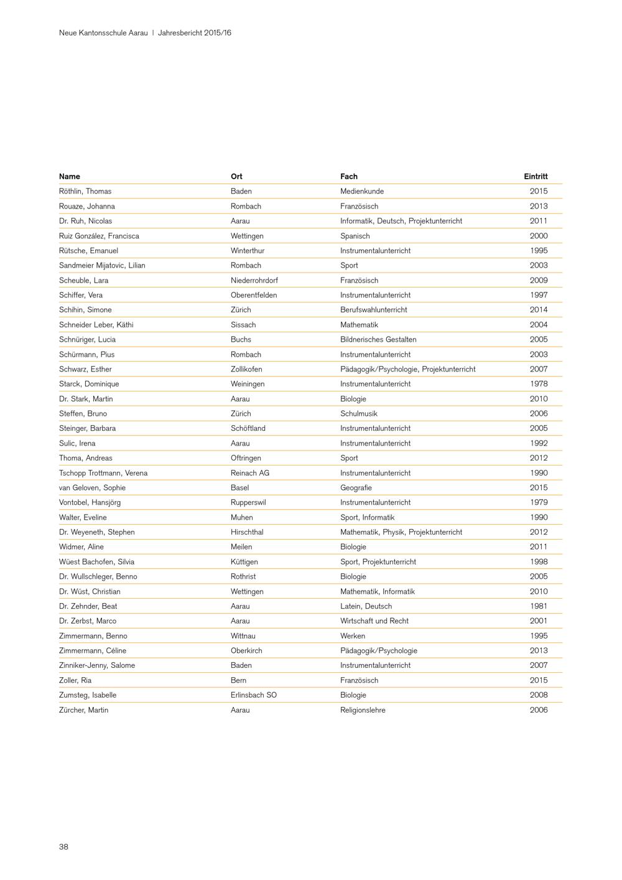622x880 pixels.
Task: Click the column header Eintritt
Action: [x=536, y=177]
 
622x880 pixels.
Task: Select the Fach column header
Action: [x=349, y=177]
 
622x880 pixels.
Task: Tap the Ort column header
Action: [x=236, y=177]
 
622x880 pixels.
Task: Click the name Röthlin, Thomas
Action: [x=85, y=192]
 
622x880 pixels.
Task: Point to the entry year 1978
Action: [x=539, y=384]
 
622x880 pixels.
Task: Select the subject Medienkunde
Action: [x=362, y=192]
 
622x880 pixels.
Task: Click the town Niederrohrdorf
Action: [x=254, y=281]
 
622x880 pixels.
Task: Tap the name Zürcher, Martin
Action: [x=83, y=710]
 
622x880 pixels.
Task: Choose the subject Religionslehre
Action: [x=363, y=710]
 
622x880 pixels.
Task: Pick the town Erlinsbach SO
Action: [x=254, y=695]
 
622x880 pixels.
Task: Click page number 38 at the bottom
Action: [x=63, y=847]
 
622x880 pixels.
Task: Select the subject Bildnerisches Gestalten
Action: [x=378, y=340]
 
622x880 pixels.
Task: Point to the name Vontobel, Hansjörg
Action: [x=90, y=503]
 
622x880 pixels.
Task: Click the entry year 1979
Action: [x=539, y=503]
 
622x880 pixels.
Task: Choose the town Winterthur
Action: [x=248, y=251]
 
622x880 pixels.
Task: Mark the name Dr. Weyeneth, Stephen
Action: [x=97, y=532]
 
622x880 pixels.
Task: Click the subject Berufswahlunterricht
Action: [x=374, y=310]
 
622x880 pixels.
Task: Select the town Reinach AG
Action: [x=250, y=473]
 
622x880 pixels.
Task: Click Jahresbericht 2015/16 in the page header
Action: [x=195, y=33]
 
